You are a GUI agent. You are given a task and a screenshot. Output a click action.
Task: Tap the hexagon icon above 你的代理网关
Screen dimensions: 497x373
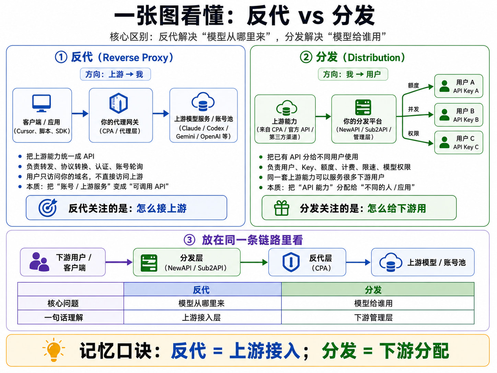pyautogui.click(x=118, y=103)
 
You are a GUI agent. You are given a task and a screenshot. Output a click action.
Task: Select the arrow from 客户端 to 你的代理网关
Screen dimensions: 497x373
pyautogui.click(x=80, y=113)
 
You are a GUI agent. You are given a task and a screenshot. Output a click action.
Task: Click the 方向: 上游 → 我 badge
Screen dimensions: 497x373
pyautogui.click(x=115, y=74)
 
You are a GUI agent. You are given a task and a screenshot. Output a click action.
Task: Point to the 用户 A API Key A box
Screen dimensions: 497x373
pyautogui.click(x=459, y=86)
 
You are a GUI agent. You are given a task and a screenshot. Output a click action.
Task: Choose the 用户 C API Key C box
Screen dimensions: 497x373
pyautogui.click(x=459, y=143)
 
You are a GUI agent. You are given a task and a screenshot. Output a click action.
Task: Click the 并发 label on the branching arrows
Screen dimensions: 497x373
pyautogui.click(x=414, y=109)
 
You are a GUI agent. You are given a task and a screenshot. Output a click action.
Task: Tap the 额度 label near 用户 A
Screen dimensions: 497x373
pyautogui.click(x=414, y=86)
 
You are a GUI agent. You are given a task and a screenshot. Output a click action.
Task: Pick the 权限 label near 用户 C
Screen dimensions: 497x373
pyautogui.click(x=414, y=133)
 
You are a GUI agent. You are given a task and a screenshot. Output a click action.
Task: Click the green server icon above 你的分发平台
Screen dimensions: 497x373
pyautogui.click(x=363, y=108)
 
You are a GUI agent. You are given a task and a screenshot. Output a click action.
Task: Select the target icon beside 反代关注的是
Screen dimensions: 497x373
pyautogui.click(x=48, y=208)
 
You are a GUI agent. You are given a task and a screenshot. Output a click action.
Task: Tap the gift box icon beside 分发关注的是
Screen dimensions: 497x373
pyautogui.click(x=281, y=208)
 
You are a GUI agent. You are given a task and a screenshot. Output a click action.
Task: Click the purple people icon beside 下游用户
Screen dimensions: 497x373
pyautogui.click(x=39, y=262)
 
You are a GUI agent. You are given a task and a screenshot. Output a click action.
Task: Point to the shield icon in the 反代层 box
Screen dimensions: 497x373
pyautogui.click(x=291, y=262)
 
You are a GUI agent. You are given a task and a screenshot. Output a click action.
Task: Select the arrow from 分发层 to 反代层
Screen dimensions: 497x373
pyautogui.click(x=254, y=262)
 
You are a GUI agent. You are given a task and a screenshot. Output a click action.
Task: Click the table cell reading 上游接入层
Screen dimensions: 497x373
pyautogui.click(x=201, y=317)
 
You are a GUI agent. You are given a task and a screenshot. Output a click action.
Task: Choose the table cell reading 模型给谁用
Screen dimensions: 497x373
pyautogui.click(x=373, y=303)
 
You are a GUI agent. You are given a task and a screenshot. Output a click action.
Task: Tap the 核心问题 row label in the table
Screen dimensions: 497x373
pyautogui.click(x=63, y=303)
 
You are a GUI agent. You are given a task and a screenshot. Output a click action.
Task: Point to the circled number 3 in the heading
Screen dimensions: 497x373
pyautogui.click(x=189, y=240)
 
